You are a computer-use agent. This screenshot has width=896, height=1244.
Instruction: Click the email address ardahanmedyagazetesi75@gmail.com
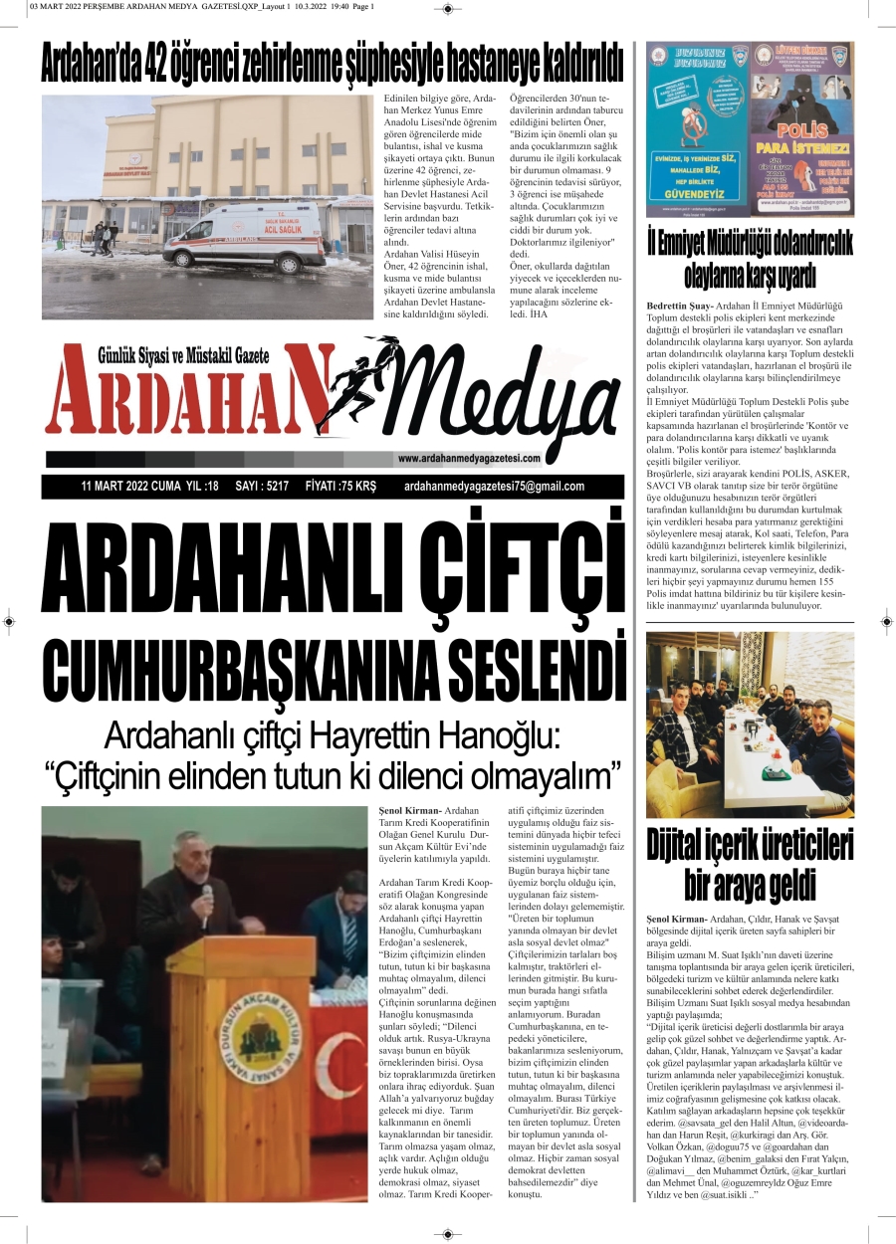click(x=495, y=487)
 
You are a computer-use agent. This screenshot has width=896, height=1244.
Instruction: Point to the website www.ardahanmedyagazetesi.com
click(x=469, y=459)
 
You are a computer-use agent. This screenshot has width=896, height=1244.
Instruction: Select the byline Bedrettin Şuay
click(x=679, y=305)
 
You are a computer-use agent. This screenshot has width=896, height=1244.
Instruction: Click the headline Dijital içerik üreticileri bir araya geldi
click(x=750, y=865)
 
